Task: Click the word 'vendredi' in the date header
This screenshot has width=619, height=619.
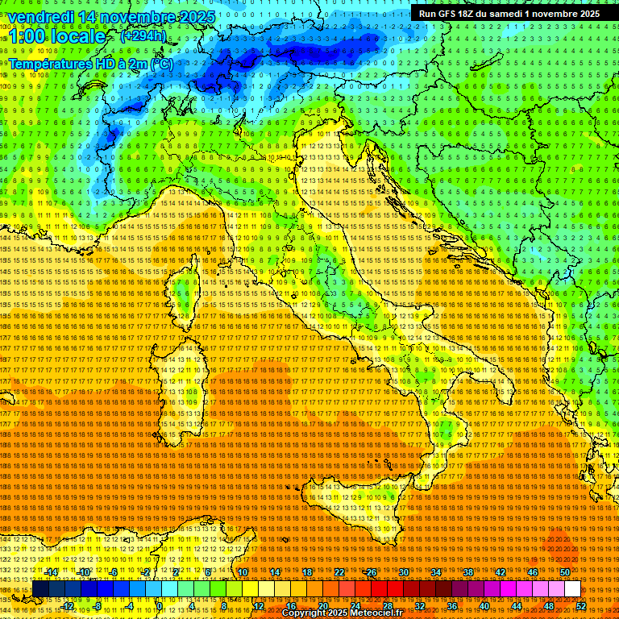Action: coord(45,17)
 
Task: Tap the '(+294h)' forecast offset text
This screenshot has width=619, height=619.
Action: coord(143,35)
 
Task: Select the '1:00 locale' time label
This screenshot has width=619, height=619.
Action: coord(56,36)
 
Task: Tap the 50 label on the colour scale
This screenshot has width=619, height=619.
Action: coord(564,572)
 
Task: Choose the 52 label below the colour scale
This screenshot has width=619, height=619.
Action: coord(580,605)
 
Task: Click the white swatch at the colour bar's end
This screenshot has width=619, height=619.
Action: coord(572,589)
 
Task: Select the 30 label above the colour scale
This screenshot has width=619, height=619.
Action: coord(403,572)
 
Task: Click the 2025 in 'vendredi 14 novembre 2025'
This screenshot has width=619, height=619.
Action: coord(197,17)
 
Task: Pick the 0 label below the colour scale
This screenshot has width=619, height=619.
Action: coord(160,605)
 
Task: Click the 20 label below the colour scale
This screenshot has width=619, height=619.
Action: coord(322,605)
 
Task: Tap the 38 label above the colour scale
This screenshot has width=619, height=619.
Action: coord(467,572)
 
